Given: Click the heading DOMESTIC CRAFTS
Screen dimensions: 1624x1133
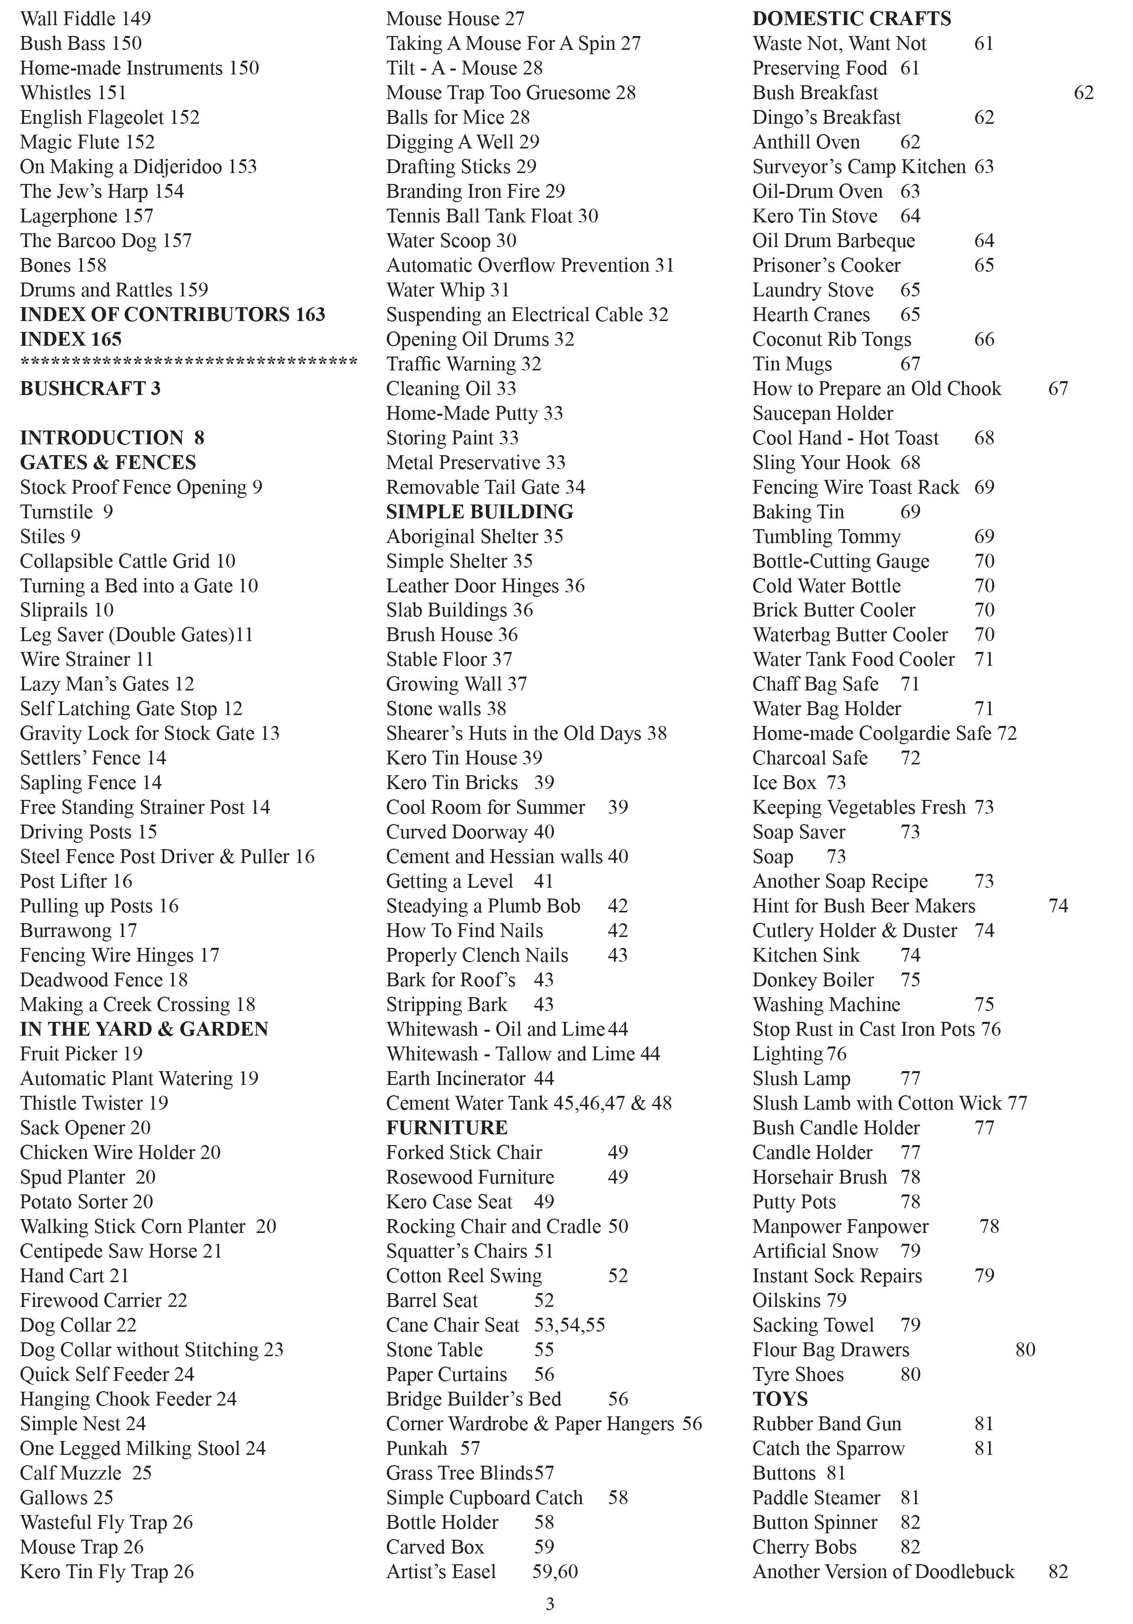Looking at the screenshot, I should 851,18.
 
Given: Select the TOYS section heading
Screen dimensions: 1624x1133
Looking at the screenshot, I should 779,1398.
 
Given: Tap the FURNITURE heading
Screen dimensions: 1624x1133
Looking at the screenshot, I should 446,1127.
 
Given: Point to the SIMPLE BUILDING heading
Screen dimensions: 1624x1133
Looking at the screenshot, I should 480,511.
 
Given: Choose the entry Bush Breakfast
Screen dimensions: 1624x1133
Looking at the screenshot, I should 814,93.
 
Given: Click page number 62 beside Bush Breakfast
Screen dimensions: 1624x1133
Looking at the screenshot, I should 1083,93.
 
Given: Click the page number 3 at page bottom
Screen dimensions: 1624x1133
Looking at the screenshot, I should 550,1603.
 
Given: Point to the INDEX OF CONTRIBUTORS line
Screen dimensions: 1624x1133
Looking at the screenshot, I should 172,314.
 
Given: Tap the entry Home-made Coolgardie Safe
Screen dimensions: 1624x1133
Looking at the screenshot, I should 871,733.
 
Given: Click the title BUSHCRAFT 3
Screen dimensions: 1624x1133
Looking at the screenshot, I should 90,388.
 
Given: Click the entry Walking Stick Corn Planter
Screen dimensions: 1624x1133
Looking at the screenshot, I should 132,1226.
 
